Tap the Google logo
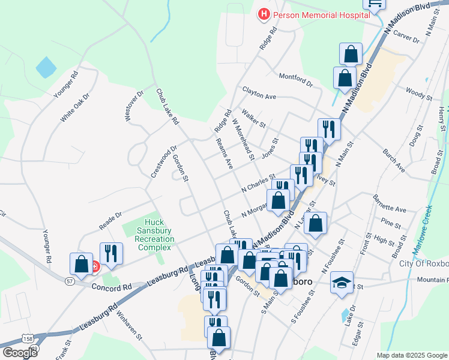[x=20, y=353]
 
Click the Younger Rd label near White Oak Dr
[x=66, y=85]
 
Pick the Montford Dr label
[x=296, y=80]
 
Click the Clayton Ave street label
[x=259, y=93]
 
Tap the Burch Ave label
[x=393, y=162]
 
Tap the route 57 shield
[x=70, y=281]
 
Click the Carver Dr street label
[x=406, y=38]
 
